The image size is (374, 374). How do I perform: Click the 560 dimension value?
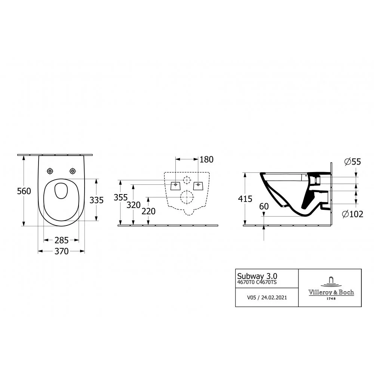coord(24,191)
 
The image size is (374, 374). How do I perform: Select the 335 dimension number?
coord(96,200)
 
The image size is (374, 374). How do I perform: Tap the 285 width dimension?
coord(62,240)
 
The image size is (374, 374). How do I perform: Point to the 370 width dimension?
coord(62,251)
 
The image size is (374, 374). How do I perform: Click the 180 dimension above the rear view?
coord(206,160)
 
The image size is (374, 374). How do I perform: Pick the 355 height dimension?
coord(121,197)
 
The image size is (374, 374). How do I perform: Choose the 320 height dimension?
coord(134,205)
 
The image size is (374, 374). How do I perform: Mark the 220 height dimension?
coord(148,211)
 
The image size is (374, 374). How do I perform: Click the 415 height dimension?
coord(245,199)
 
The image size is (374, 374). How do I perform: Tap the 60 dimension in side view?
coord(264,206)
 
